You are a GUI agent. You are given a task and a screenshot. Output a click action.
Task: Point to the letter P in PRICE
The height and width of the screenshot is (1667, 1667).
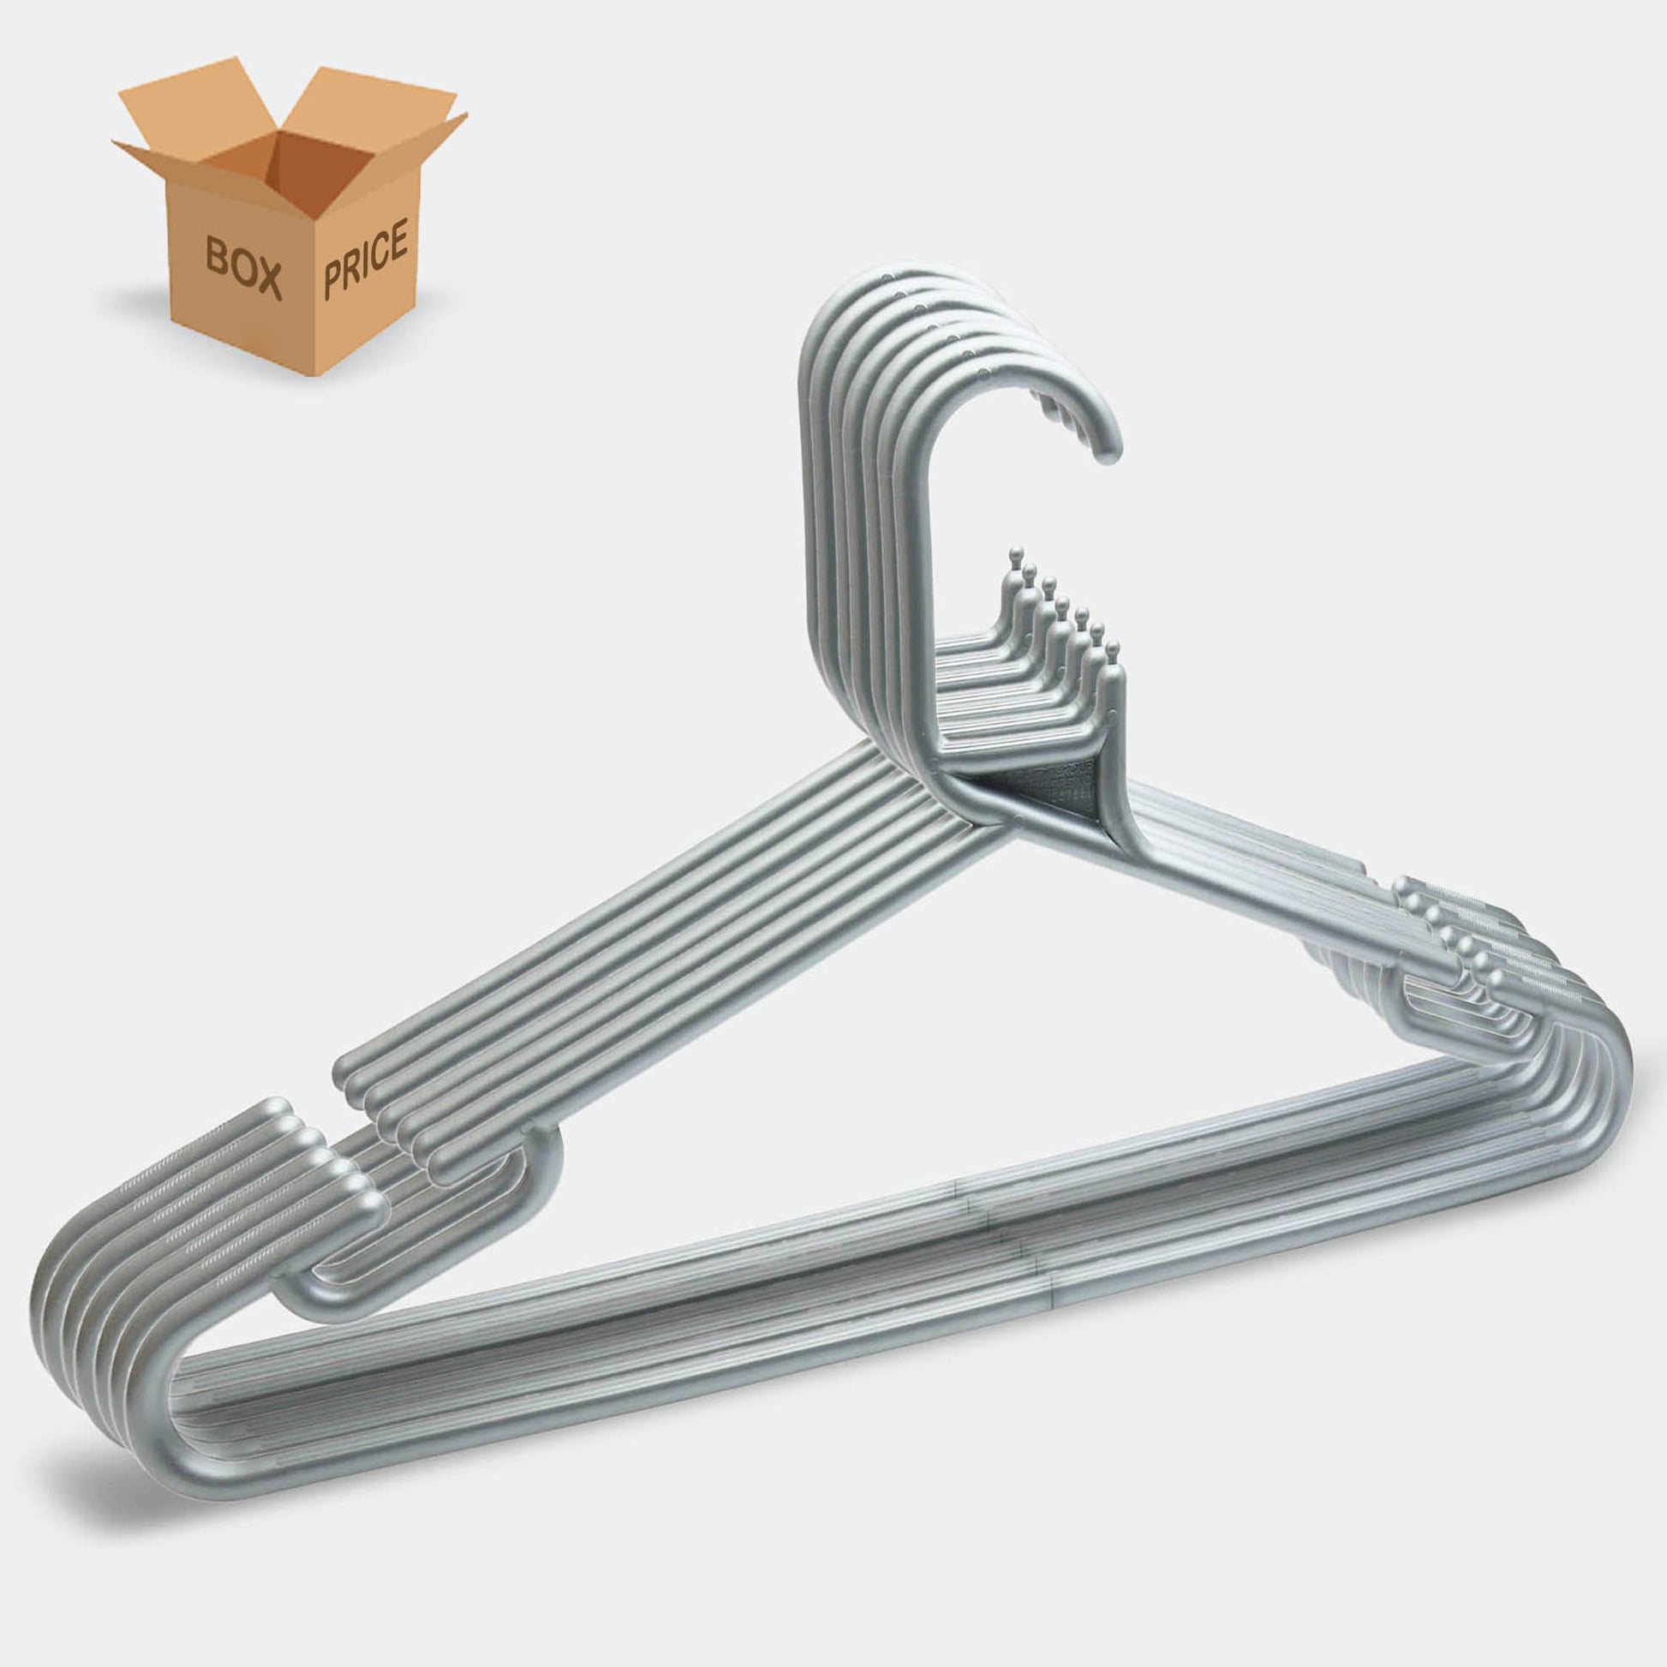[333, 281]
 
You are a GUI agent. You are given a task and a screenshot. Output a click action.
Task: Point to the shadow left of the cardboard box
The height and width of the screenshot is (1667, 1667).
[138, 302]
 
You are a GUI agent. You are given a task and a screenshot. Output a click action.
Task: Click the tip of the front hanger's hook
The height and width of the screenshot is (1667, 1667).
[1108, 454]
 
